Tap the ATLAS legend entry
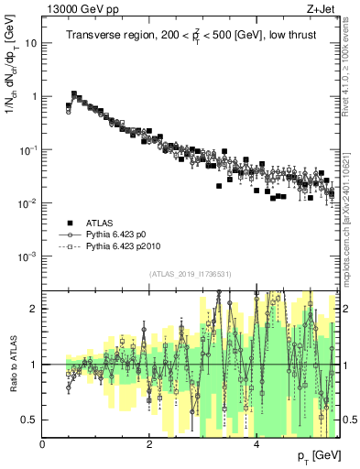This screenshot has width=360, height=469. (x=101, y=223)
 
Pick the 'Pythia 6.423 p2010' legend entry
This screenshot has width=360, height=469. (x=125, y=246)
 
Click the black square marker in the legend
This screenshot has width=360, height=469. (x=69, y=223)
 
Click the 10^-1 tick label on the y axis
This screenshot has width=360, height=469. (x=29, y=149)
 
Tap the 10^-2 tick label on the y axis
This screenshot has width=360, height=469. (x=29, y=202)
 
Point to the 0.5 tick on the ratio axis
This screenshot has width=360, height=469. (x=30, y=420)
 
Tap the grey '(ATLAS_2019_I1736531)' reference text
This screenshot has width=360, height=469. (x=190, y=274)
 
